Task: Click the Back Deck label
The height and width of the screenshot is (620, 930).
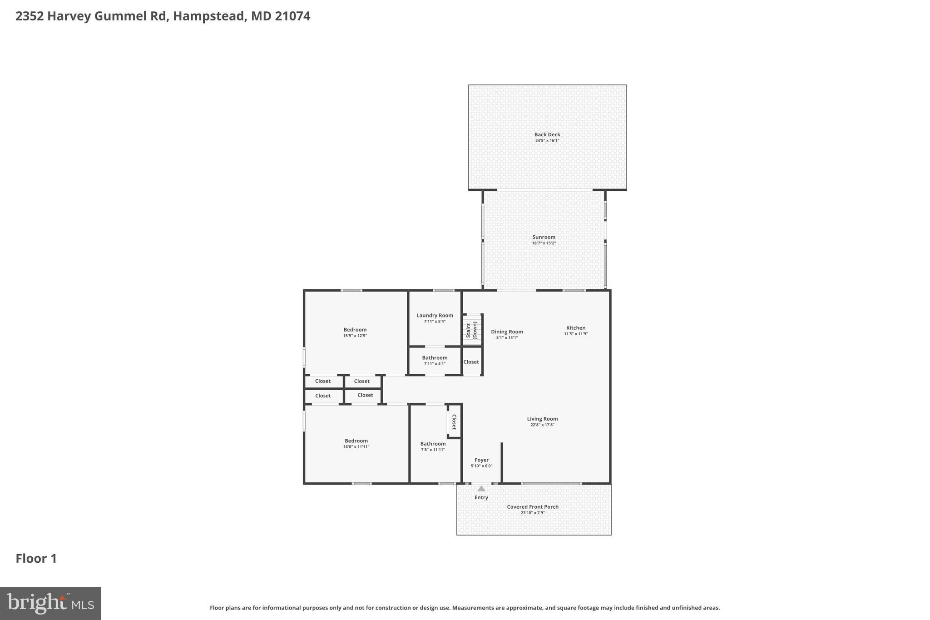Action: pyautogui.click(x=547, y=134)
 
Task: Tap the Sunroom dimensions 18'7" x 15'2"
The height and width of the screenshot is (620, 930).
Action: pyautogui.click(x=544, y=243)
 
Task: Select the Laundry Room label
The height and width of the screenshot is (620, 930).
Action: pyautogui.click(x=435, y=315)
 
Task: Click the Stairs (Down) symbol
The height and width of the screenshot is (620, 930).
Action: pyautogui.click(x=472, y=330)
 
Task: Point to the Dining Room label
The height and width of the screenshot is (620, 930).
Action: pyautogui.click(x=507, y=332)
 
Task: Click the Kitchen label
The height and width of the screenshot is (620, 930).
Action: pyautogui.click(x=575, y=328)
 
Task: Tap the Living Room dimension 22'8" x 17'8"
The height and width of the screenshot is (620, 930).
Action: pyautogui.click(x=542, y=425)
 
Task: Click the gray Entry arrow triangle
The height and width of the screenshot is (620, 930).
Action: pyautogui.click(x=481, y=489)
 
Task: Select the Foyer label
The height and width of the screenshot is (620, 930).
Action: pyautogui.click(x=481, y=460)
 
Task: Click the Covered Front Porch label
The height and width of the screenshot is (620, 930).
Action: pyautogui.click(x=533, y=507)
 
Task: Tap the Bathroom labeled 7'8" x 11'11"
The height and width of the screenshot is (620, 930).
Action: pyautogui.click(x=433, y=444)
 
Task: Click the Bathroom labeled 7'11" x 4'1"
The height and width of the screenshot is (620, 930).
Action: pyautogui.click(x=435, y=358)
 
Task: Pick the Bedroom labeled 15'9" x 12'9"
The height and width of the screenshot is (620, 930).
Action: pyautogui.click(x=355, y=330)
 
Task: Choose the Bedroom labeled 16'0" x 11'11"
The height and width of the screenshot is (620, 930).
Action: pyautogui.click(x=356, y=441)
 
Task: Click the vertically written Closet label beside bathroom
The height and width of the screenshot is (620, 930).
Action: pyautogui.click(x=454, y=422)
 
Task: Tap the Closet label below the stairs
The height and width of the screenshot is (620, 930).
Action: pyautogui.click(x=471, y=362)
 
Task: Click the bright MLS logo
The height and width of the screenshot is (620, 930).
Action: pyautogui.click(x=50, y=603)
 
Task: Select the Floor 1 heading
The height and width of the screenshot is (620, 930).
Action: pyautogui.click(x=36, y=559)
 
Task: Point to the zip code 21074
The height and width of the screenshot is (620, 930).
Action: pyautogui.click(x=292, y=16)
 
